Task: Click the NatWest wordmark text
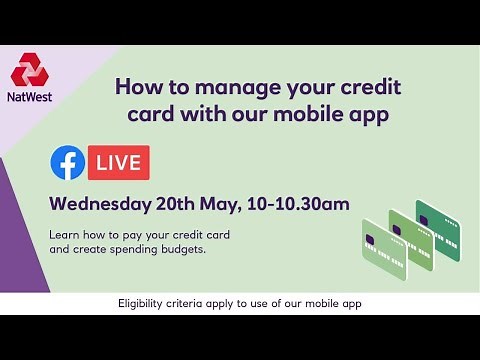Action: (x=29, y=98)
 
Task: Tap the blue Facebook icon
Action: (x=67, y=162)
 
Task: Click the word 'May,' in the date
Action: (x=230, y=205)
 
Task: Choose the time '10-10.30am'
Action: (x=303, y=205)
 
